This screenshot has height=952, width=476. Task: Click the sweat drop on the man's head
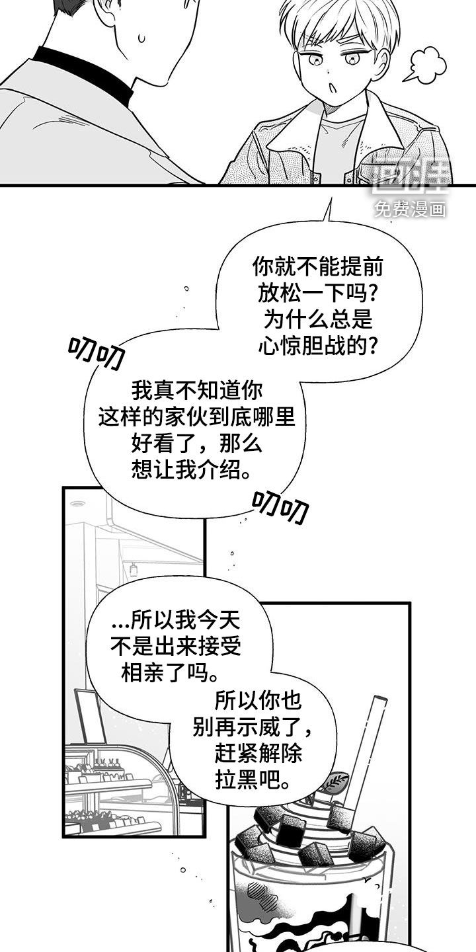pyautogui.click(x=141, y=38)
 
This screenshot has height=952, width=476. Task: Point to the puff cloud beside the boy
pyautogui.click(x=425, y=66)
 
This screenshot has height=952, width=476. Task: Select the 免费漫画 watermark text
pyautogui.click(x=411, y=209)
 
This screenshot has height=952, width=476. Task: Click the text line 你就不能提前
pyautogui.click(x=317, y=267)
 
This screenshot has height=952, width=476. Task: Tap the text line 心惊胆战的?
pyautogui.click(x=317, y=344)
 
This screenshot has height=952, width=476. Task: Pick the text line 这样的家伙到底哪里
pyautogui.click(x=197, y=417)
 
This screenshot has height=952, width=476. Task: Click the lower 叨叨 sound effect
pyautogui.click(x=280, y=506)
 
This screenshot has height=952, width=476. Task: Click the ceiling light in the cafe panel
pyautogui.click(x=77, y=504)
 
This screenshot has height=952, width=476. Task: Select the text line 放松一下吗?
pyautogui.click(x=317, y=293)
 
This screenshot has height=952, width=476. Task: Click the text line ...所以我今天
pyautogui.click(x=176, y=621)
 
